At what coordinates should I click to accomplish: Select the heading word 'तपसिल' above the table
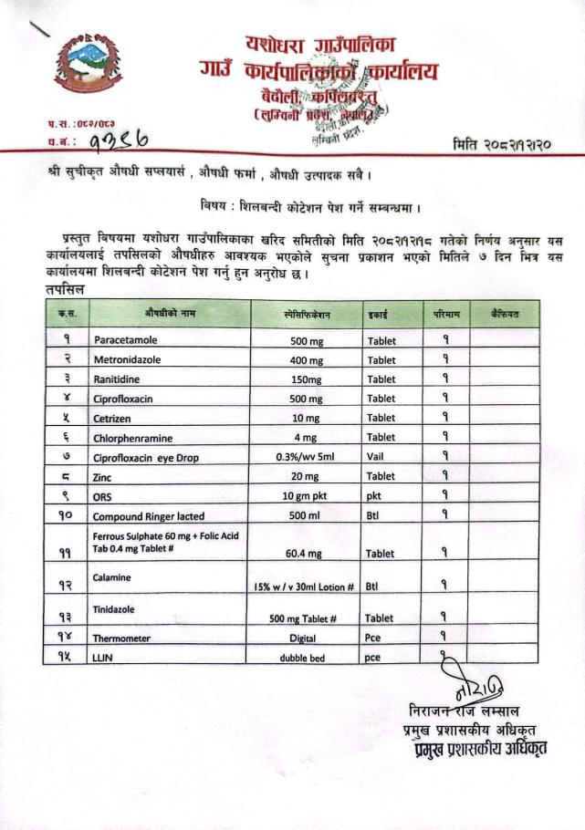tap(66, 290)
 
